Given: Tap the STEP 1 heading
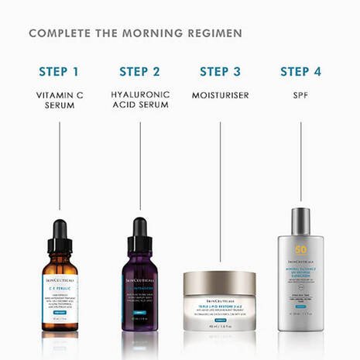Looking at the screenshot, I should [x=59, y=72].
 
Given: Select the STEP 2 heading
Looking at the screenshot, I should [x=139, y=72].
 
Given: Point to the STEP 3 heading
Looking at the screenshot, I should [x=220, y=72].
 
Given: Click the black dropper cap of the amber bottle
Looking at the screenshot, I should [x=60, y=232].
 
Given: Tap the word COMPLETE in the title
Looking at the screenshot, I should [x=58, y=34].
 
